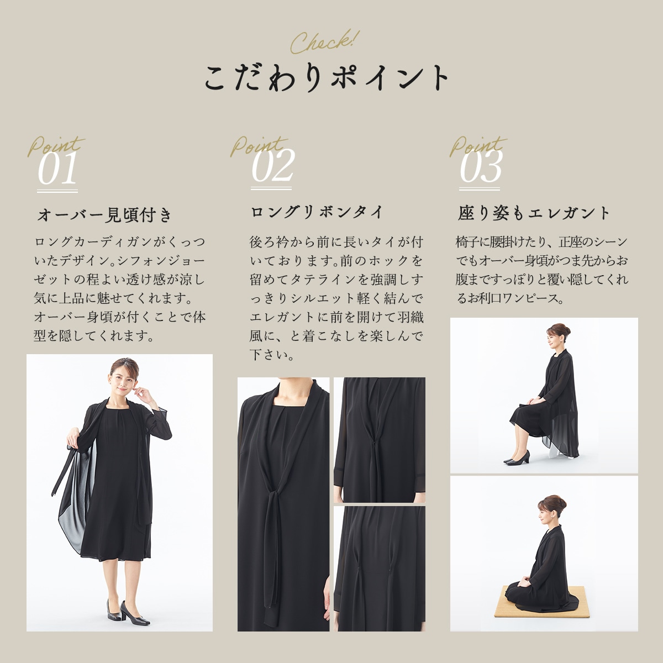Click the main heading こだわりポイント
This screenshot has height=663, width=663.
coord(326,78)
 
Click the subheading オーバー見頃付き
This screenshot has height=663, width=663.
coord(105,215)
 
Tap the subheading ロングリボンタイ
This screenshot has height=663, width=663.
coord(317,212)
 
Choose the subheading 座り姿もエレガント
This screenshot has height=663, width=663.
coord(534,213)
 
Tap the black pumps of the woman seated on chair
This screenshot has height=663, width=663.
coord(518,457)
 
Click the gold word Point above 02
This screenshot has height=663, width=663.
coord(257,146)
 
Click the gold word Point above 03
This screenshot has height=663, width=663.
coord(476,146)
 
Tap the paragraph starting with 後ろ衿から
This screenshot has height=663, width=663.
coord(336,298)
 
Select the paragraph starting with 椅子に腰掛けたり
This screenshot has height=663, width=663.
coord(541,270)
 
